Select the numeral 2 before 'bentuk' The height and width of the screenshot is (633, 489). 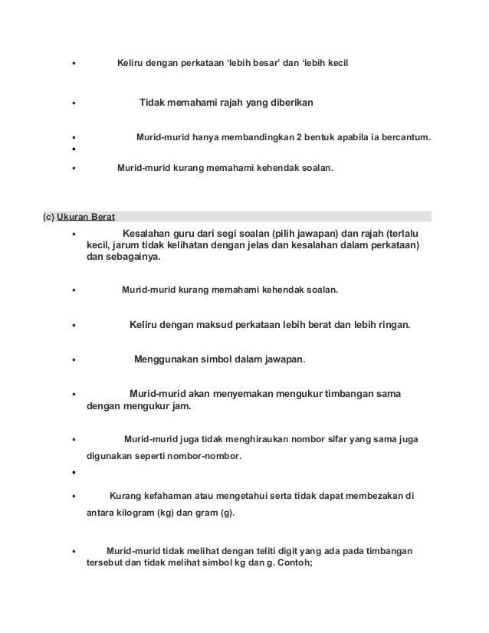(x=292, y=139)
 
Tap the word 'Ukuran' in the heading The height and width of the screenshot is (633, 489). (x=74, y=215)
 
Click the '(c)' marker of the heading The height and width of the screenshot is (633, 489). (x=48, y=215)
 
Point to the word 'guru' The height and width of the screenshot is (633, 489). (x=211, y=233)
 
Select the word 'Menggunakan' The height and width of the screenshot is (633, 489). (x=167, y=359)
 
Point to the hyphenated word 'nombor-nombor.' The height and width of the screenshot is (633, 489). (x=208, y=457)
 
